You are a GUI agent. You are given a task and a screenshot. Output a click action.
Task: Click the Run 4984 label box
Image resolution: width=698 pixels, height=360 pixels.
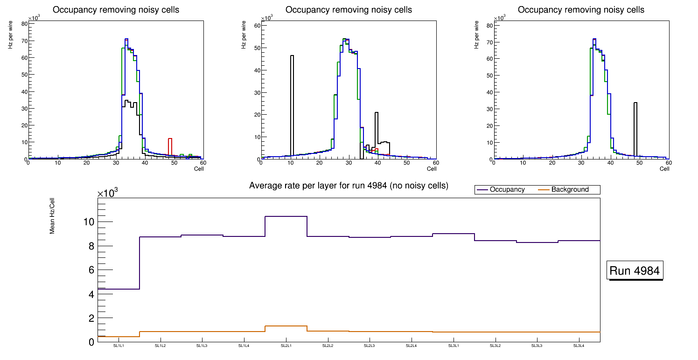tap(635, 270)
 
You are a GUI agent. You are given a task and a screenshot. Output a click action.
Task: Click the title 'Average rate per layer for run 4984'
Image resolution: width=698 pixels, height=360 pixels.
tap(349, 186)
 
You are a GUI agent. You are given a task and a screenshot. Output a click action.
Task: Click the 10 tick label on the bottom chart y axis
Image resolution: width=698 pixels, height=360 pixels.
tap(89, 222)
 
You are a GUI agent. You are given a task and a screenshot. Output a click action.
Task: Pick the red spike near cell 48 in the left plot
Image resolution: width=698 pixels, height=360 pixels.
tap(170, 145)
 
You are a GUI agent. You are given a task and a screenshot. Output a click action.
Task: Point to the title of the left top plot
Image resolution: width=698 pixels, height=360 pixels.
tap(116, 10)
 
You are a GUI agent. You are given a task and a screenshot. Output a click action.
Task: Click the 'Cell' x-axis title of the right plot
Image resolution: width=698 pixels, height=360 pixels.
tap(664, 169)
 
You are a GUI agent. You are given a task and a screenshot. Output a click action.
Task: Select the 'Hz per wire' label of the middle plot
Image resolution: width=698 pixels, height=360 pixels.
tap(244, 41)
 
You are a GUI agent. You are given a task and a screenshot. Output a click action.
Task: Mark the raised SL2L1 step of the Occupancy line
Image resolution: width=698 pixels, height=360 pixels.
tap(286, 216)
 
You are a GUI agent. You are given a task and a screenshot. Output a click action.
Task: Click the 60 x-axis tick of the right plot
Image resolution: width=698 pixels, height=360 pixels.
tap(668, 163)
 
